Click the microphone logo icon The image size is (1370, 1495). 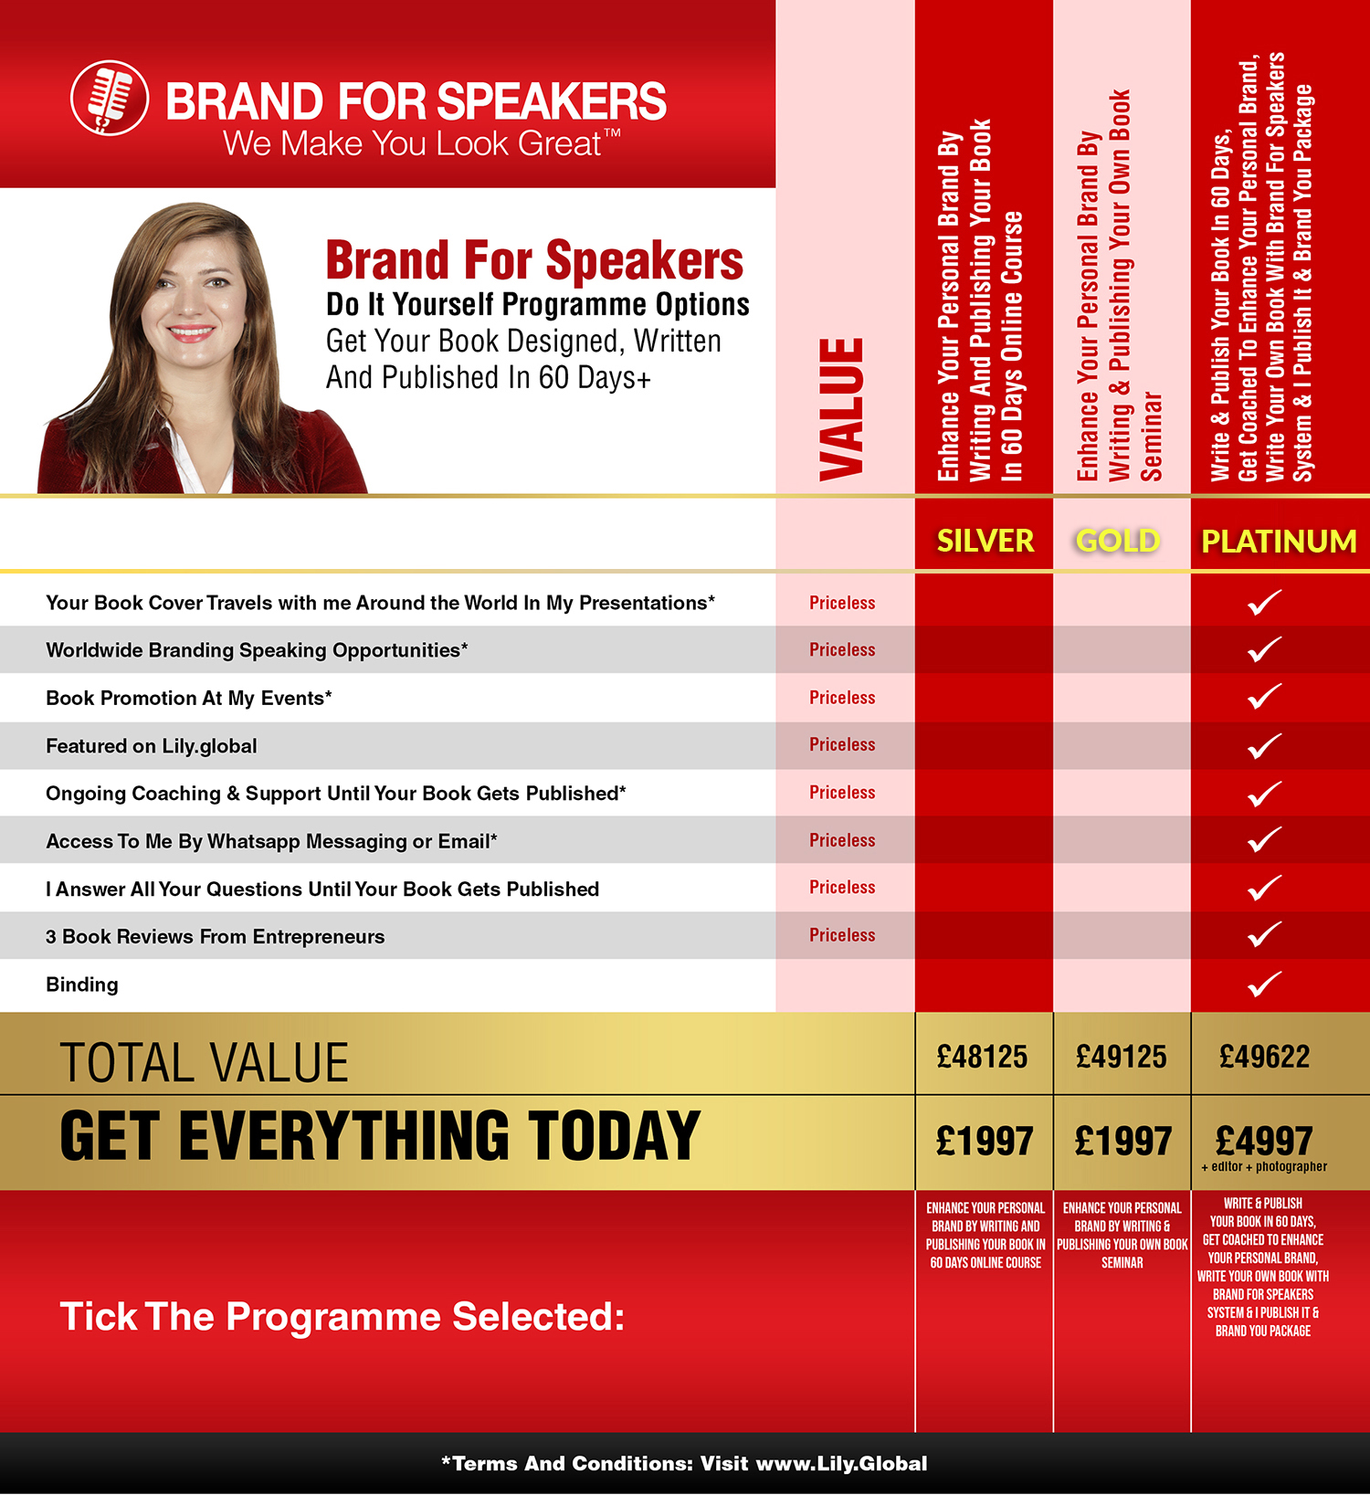110,98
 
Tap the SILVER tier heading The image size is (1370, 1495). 985,541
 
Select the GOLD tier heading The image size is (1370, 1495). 1118,541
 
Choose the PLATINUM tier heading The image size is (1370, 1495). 1279,541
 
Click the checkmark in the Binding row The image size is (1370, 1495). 1265,984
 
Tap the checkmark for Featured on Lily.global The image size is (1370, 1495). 1265,746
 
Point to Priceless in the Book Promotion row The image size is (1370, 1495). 842,698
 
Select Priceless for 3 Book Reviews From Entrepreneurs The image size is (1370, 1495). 842,935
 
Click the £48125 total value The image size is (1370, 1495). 983,1057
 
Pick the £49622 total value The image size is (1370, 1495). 1265,1057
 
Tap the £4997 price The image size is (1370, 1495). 1265,1140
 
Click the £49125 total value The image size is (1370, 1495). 1122,1057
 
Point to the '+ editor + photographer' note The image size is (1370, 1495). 1264,1166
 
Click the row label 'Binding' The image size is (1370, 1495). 82,984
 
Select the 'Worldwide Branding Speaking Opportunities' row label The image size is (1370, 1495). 257,650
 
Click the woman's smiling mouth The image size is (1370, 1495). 192,333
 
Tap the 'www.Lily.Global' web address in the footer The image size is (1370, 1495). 842,1463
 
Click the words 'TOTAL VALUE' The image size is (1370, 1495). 205,1063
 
